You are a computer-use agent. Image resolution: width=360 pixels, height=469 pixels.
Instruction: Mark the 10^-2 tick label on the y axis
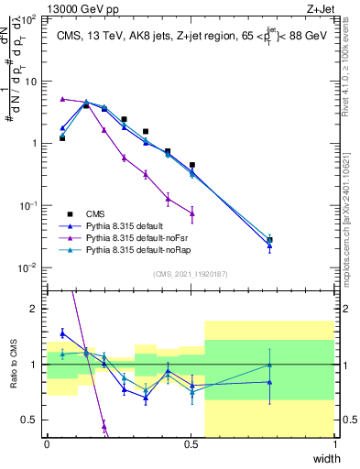27,267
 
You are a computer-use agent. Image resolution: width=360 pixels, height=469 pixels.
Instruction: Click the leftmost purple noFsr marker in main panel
62,99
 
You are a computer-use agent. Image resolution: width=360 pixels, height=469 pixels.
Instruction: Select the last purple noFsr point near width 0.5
191,213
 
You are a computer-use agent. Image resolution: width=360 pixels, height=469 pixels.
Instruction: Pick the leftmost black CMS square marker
62,137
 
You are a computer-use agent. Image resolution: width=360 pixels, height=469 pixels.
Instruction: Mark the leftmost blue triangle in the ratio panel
62,333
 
